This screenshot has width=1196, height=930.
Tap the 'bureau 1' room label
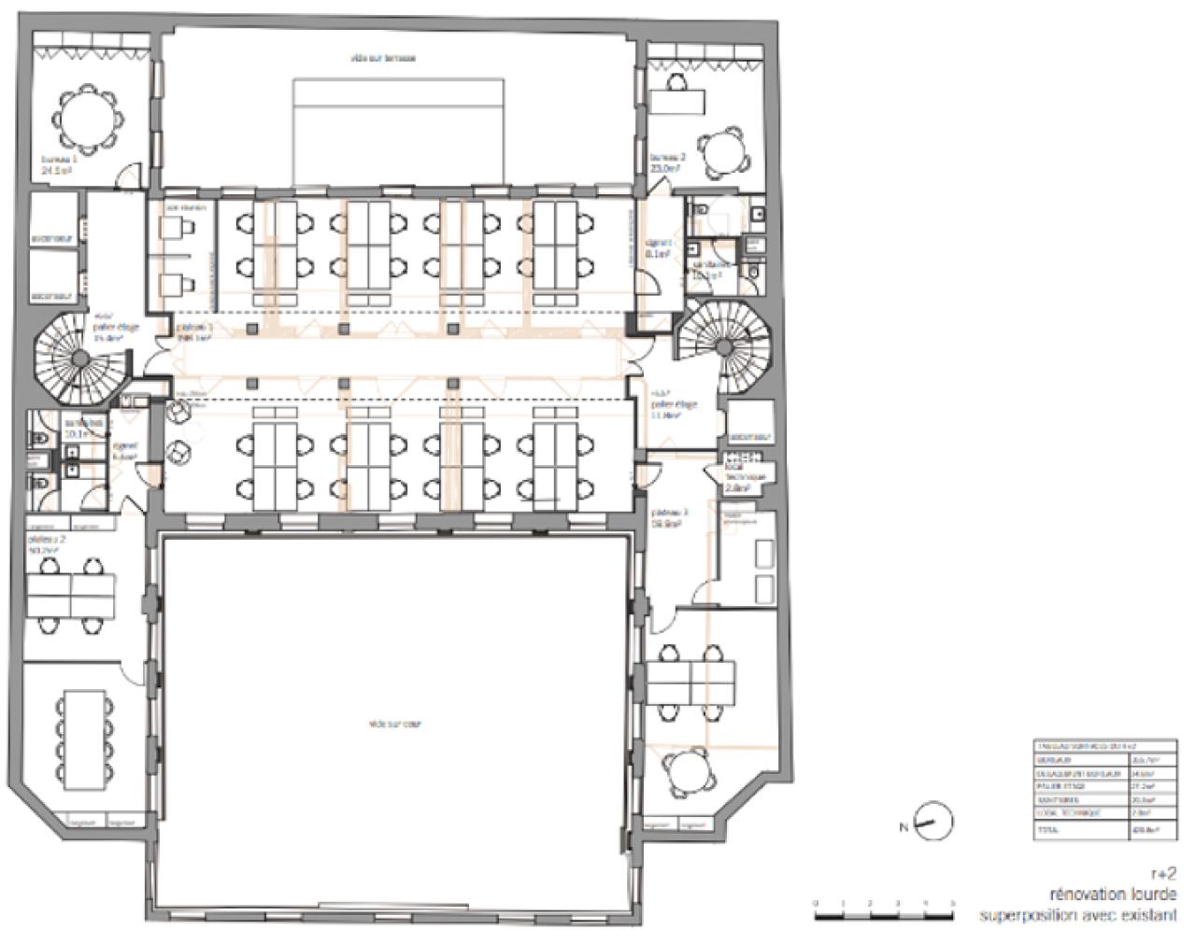pos(58,164)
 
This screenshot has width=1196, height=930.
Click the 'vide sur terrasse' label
pos(383,58)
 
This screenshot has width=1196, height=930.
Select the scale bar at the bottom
pos(884,910)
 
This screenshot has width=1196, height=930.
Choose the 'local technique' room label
pos(745,475)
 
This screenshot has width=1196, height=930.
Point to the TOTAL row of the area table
pos(1095,829)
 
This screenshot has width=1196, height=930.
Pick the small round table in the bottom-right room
pos(690,773)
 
